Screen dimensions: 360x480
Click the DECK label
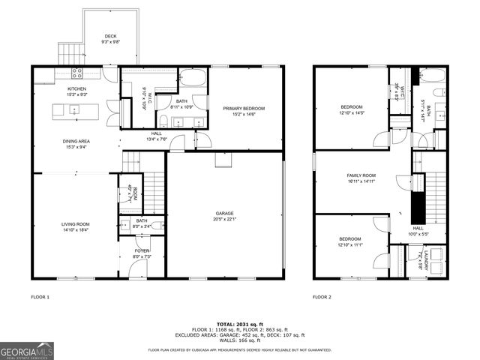[x=110, y=35]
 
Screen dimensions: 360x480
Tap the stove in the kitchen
[x=76, y=73]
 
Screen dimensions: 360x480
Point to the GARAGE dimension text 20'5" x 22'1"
[x=225, y=219]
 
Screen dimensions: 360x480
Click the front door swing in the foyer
[x=137, y=268]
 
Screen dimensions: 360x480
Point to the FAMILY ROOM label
[x=361, y=175]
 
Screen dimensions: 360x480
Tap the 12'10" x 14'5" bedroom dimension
[x=351, y=113]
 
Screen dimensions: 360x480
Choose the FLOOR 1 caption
[x=40, y=297]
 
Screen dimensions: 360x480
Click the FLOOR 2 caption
[x=321, y=297]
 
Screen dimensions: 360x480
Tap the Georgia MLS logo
[x=26, y=350]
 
